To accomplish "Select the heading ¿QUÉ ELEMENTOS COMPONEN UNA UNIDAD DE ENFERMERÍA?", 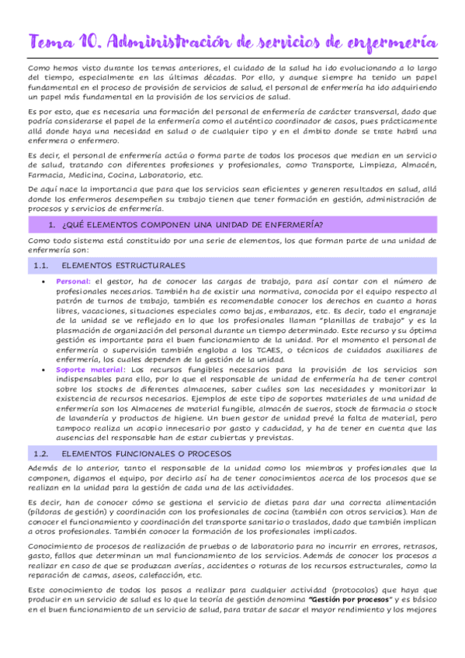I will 191,225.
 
